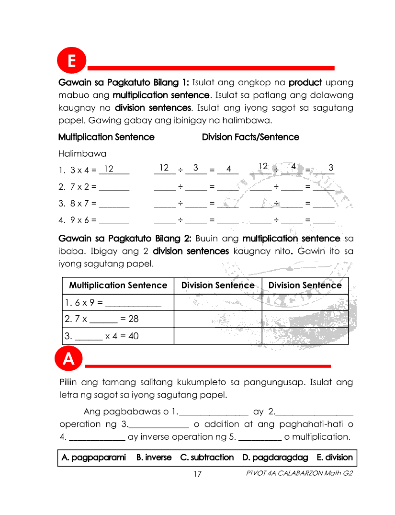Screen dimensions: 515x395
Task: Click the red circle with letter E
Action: pyautogui.click(x=71, y=62)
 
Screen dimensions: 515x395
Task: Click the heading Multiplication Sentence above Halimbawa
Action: pyautogui.click(x=106, y=137)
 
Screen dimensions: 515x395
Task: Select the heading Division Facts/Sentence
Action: pyautogui.click(x=250, y=137)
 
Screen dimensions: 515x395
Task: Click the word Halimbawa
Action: pyautogui.click(x=82, y=154)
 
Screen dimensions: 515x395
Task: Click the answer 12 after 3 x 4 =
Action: pyautogui.click(x=109, y=169)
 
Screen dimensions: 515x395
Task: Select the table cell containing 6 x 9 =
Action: pyautogui.click(x=118, y=302)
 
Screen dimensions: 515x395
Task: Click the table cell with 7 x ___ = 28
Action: pyautogui.click(x=118, y=319)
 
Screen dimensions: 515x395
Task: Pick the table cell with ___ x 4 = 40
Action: pyautogui.click(x=118, y=336)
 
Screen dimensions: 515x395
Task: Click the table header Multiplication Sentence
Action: pyautogui.click(x=118, y=286)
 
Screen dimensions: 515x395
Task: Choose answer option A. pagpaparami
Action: pyautogui.click(x=94, y=458)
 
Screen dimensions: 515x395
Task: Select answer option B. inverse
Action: pyautogui.click(x=154, y=458)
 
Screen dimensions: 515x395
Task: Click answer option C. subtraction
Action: pyautogui.click(x=207, y=458)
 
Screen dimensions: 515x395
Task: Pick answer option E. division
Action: pyautogui.click(x=335, y=458)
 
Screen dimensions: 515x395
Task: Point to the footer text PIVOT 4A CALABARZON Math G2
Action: pyautogui.click(x=299, y=474)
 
